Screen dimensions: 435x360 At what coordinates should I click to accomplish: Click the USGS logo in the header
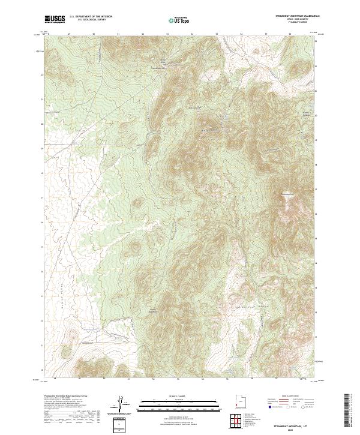click(x=55, y=20)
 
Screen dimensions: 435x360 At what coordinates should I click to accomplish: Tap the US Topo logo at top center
click(x=179, y=20)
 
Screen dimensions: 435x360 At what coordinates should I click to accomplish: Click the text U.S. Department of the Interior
click(x=91, y=17)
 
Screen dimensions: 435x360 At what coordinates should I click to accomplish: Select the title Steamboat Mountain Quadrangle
click(x=291, y=16)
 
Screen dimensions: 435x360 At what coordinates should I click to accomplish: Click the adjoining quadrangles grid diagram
click(x=239, y=422)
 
